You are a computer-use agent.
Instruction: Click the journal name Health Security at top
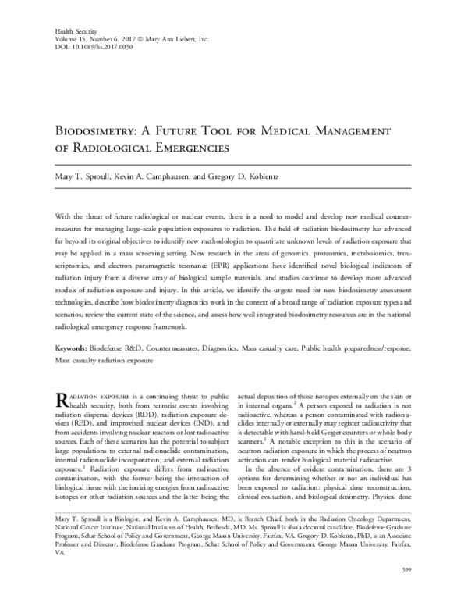(x=73, y=30)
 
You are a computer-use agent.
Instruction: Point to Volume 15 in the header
(x=71, y=38)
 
